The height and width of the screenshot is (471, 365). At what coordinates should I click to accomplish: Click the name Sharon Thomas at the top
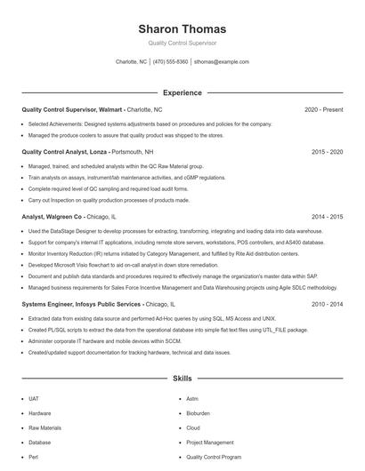coord(182,29)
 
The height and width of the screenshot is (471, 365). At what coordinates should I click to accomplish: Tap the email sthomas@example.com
coord(222,62)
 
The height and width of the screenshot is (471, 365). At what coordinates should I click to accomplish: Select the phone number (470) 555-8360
coord(170,62)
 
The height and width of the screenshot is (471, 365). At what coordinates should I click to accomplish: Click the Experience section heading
coord(182,92)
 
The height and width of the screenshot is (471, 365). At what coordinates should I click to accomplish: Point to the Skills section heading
coord(182,379)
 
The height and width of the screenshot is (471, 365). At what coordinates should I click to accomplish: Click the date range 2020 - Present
coord(323,110)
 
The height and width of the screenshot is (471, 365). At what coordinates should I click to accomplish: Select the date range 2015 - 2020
coord(327,152)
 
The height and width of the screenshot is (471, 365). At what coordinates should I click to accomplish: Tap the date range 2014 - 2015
coord(327,217)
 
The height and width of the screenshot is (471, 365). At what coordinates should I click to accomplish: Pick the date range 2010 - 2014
coord(327,304)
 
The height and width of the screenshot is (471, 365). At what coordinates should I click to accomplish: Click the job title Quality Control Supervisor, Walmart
coord(71,110)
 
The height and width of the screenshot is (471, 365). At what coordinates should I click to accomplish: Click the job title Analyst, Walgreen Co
coord(52,217)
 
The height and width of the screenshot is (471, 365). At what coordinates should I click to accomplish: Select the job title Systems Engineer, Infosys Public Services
coord(81,304)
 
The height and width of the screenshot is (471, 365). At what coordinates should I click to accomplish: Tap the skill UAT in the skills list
coord(34,399)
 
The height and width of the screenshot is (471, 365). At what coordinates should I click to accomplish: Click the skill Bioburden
coord(198,413)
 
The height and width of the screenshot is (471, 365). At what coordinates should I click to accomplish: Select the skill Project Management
coord(209,442)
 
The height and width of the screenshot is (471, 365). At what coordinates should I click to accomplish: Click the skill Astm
coord(192,399)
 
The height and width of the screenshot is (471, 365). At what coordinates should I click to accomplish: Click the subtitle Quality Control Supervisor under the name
coord(182,43)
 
